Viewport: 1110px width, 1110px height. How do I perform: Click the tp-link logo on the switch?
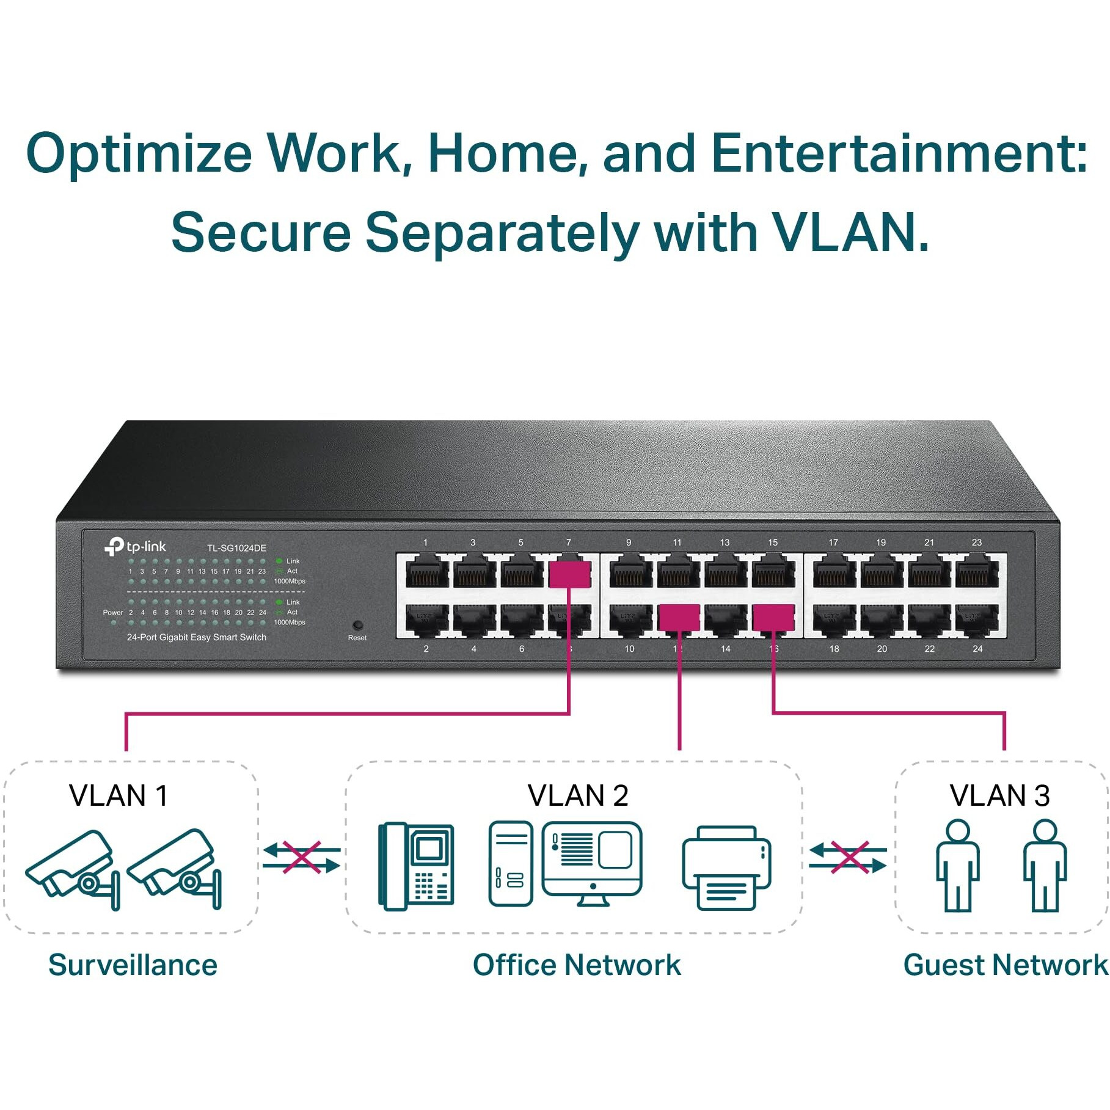136,546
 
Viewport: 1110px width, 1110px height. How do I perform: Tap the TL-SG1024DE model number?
236,548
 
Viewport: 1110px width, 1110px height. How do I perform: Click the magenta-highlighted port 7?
569,574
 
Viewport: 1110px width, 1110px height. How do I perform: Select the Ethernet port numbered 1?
427,573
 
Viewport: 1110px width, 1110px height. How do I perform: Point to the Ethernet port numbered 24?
976,621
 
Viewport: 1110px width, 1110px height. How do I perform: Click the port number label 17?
833,542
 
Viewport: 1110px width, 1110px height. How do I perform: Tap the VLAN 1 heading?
119,795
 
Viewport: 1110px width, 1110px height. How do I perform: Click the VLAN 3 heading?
999,795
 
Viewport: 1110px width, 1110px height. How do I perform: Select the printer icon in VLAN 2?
727,867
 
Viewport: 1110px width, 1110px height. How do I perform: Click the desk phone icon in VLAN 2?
417,866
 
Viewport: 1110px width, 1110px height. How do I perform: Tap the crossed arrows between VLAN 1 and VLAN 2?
302,858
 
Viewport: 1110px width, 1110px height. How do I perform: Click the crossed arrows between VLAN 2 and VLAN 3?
848,858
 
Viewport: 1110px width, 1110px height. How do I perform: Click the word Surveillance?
133,966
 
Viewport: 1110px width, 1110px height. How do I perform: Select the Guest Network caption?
1004,966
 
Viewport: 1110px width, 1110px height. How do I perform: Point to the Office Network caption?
576,966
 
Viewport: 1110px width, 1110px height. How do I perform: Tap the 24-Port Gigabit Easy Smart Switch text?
196,637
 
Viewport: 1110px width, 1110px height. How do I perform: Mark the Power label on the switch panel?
113,612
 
